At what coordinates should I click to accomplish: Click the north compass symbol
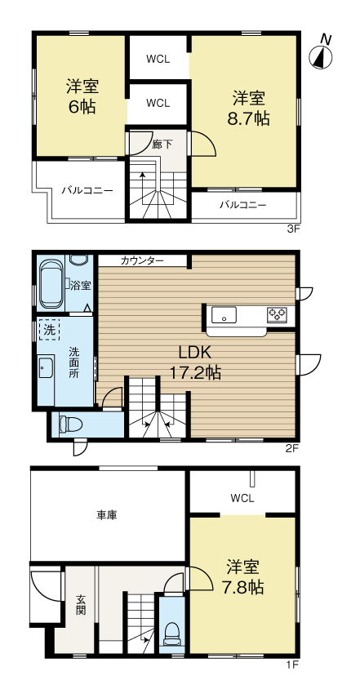pos(322,53)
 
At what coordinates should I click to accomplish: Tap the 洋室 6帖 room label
pos(82,96)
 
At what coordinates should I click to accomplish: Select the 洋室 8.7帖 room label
pos(249,108)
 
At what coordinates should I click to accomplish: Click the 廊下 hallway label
pos(160,144)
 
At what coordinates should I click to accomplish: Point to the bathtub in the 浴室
pos(51,284)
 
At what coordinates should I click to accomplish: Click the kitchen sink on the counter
pos(224,315)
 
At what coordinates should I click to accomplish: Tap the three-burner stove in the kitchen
pos(277,315)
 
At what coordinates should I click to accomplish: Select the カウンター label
pos(142,261)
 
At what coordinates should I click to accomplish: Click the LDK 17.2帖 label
pos(195,362)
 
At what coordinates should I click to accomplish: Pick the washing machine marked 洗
pos(49,330)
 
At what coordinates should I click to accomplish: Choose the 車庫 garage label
pos(107,515)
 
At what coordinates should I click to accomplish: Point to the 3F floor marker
pos(292,229)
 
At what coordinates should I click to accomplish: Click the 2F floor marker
pos(291,448)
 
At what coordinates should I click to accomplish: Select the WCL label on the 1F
pos(242,498)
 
